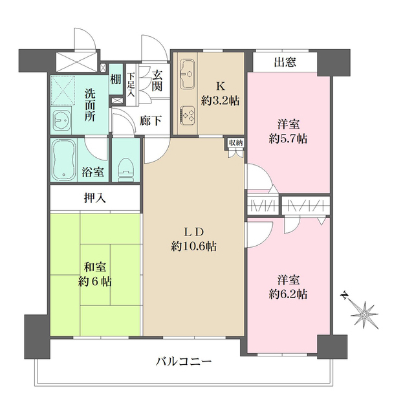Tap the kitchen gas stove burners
click(190, 113)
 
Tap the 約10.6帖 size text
click(194, 246)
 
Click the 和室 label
click(94, 267)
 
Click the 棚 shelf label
click(116, 80)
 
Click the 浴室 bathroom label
click(93, 172)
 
